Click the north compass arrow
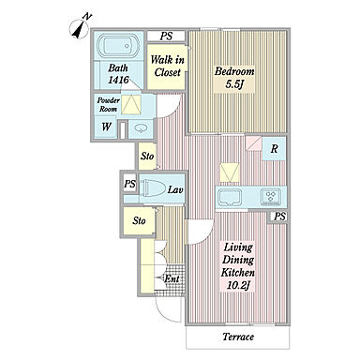(80, 29)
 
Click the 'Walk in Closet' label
(167, 66)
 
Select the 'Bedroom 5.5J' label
(234, 77)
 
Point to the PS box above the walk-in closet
(166, 36)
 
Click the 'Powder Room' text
(109, 105)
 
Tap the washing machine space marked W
(106, 127)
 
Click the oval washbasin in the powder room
(141, 128)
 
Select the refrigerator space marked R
(274, 148)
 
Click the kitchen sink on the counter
(230, 197)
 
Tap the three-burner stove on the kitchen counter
(271, 197)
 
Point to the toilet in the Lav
(154, 189)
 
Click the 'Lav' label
(175, 189)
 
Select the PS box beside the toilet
(129, 183)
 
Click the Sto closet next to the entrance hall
(139, 220)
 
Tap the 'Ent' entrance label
(172, 278)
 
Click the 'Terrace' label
(238, 337)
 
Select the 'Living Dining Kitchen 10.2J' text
(237, 266)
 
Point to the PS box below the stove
(280, 217)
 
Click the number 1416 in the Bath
(118, 80)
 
